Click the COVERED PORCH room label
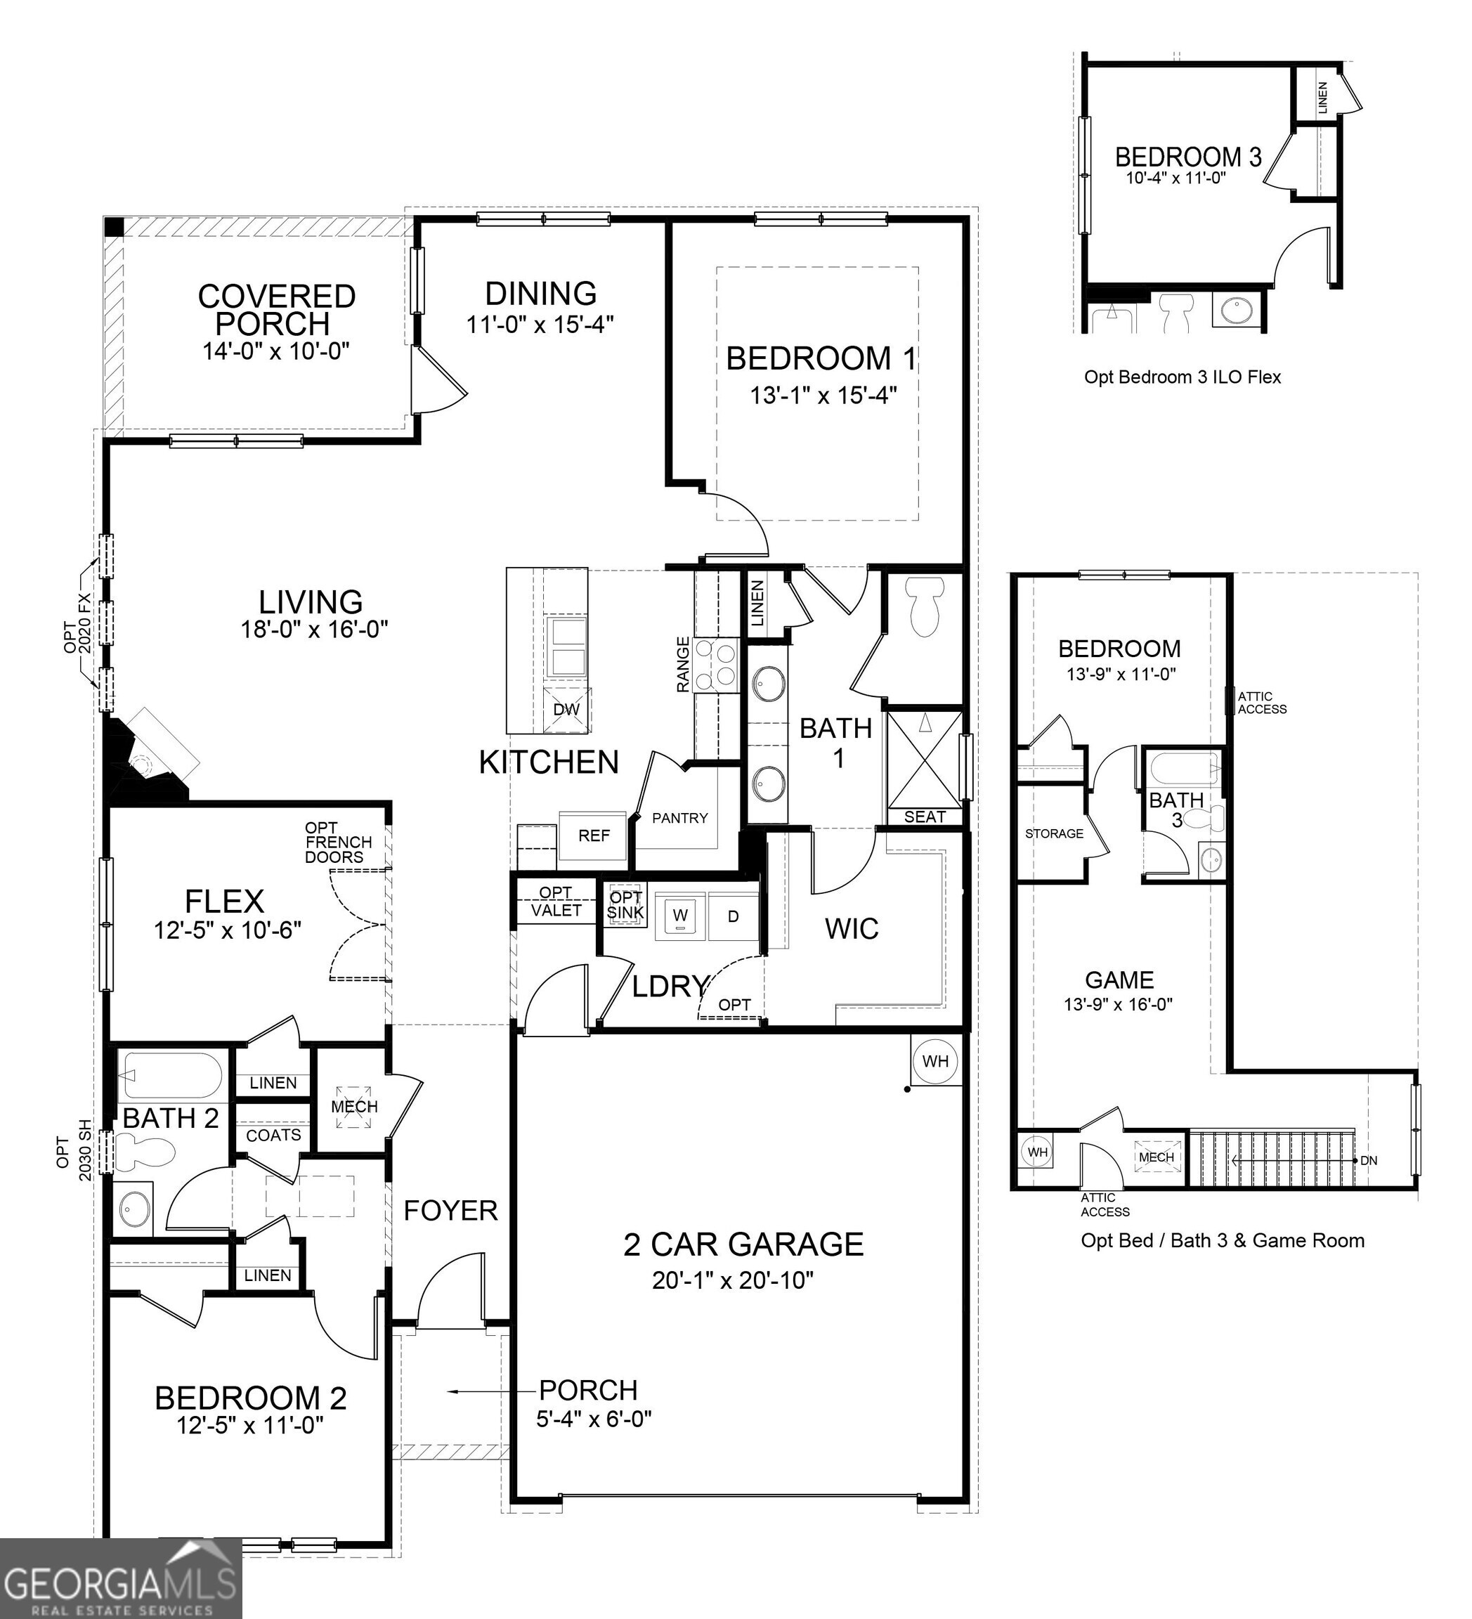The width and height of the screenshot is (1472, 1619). point(276,310)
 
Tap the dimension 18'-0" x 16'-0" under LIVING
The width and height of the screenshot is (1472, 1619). point(314,629)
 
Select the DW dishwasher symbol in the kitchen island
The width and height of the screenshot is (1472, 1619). point(566,709)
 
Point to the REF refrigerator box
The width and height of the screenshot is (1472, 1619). point(594,836)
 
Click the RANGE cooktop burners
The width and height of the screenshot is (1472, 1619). point(717,665)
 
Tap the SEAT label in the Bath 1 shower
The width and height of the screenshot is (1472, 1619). point(925,817)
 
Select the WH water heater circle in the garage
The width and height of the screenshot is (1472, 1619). point(934,1062)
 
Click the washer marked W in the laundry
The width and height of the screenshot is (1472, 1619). point(680,916)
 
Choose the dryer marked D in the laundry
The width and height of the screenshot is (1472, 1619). point(732,916)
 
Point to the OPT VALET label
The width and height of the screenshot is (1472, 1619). point(556,902)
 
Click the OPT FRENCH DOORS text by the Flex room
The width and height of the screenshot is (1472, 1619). point(338,843)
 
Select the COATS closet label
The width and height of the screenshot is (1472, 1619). point(273,1136)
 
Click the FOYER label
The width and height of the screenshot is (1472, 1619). point(450,1210)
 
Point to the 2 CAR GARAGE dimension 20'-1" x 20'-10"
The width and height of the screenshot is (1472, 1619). point(732,1280)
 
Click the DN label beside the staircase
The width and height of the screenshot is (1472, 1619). point(1369,1160)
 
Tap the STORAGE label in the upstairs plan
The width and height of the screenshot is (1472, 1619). point(1054,833)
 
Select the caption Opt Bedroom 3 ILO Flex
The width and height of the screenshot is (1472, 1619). point(1182,377)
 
